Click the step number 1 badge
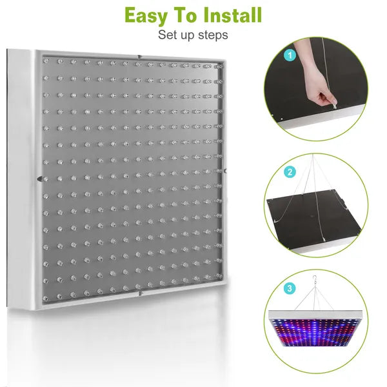point(291,56)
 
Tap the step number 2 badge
point(291,172)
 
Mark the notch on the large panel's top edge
point(141,57)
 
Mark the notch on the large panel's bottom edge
point(140,293)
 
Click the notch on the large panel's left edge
point(39,180)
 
